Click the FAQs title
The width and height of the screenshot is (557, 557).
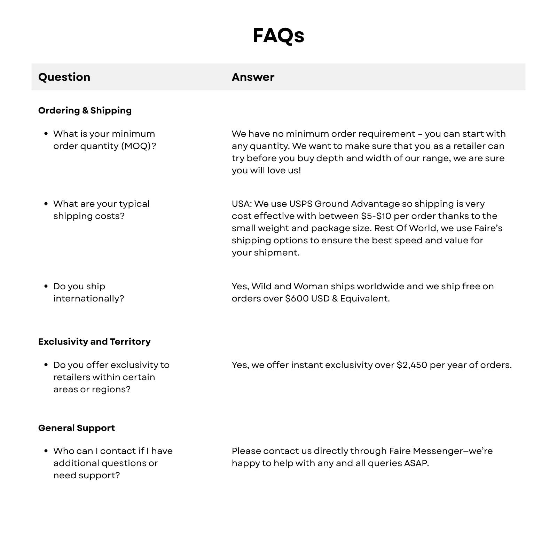tap(278, 36)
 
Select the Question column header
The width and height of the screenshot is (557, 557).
tap(64, 77)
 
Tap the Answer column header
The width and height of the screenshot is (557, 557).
tap(253, 77)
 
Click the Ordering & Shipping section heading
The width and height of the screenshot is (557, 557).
tap(85, 110)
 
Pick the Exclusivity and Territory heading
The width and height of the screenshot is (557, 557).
tap(94, 342)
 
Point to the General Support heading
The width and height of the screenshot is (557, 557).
tap(77, 428)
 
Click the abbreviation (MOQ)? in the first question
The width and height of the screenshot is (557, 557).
tap(139, 146)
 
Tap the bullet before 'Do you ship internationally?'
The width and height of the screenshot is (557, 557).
tap(46, 286)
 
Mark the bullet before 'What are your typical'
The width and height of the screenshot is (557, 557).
tap(46, 204)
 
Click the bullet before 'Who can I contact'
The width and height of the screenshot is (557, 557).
tap(46, 451)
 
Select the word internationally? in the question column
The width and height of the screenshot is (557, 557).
tap(88, 298)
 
